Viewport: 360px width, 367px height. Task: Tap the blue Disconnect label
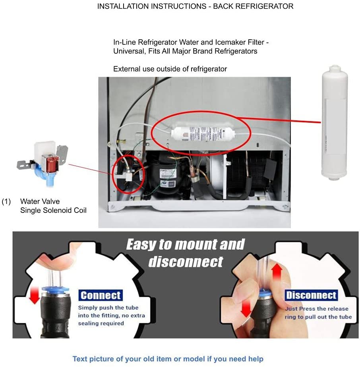(x=311, y=295)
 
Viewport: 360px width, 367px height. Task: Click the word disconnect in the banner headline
(x=186, y=261)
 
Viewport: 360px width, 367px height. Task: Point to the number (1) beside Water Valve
(x=6, y=202)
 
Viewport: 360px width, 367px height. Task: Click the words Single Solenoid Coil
(x=53, y=210)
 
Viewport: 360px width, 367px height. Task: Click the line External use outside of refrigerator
(x=170, y=69)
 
